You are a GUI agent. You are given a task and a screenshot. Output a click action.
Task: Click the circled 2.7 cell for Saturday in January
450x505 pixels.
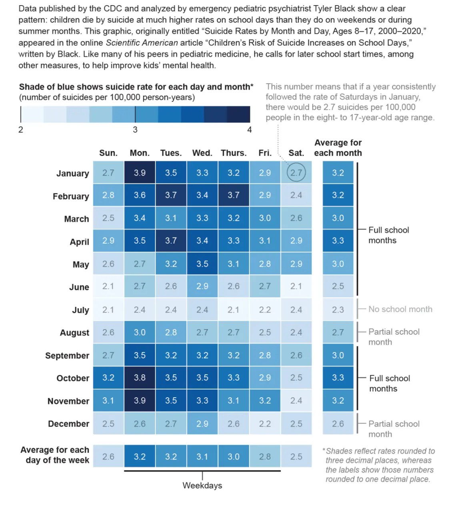point(296,173)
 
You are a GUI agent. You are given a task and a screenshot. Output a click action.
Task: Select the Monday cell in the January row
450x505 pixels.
point(140,173)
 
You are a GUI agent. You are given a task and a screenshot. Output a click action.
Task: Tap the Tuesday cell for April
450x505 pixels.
point(171,241)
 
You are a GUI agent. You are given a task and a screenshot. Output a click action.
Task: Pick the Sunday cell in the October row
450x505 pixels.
point(108,378)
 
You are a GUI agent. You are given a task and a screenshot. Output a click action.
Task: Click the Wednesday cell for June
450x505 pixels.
point(202,286)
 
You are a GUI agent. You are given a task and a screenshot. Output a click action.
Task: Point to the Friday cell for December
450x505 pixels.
point(265,424)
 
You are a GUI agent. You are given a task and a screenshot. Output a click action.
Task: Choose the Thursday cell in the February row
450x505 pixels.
point(234,195)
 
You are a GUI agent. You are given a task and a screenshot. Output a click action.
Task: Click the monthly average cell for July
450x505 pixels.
point(338,310)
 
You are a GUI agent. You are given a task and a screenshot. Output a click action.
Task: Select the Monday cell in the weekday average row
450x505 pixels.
point(140,457)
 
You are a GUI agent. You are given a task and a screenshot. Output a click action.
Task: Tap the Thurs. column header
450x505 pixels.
point(234,153)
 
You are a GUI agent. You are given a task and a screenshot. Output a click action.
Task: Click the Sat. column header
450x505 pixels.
point(296,153)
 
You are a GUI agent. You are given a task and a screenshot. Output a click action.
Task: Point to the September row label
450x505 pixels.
point(67,356)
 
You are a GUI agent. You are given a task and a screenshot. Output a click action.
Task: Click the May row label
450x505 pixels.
point(81,264)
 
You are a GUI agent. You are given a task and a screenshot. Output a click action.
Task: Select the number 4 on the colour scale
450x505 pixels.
point(250,130)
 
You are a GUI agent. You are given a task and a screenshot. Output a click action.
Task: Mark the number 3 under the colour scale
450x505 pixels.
point(135,130)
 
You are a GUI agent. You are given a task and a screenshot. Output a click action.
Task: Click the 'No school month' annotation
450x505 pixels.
point(400,309)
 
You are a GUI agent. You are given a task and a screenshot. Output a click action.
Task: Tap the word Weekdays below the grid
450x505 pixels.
point(202,485)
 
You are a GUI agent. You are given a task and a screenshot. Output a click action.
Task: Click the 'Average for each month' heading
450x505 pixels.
point(338,148)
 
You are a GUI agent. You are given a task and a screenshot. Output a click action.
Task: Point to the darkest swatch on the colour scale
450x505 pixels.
point(238,114)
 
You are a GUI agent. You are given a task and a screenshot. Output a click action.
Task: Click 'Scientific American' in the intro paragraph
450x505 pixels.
point(142,43)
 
